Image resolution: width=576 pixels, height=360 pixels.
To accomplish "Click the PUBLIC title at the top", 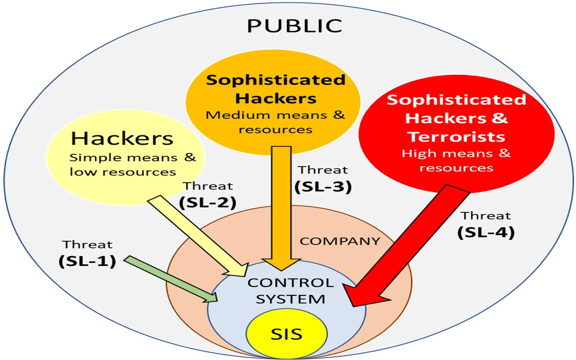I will click(x=294, y=26).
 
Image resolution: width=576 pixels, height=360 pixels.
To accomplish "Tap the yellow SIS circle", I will click(x=286, y=334).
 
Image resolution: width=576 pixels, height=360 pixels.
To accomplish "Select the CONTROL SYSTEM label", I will click(x=291, y=291).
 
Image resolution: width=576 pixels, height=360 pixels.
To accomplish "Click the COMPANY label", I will click(x=340, y=241).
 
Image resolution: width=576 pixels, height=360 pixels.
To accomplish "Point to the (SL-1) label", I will click(x=87, y=261).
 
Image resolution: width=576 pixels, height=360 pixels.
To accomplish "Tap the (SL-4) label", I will click(x=486, y=233).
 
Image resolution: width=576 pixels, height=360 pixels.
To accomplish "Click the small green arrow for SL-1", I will click(x=171, y=279).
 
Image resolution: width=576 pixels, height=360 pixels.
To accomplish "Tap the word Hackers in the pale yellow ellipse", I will click(x=122, y=139).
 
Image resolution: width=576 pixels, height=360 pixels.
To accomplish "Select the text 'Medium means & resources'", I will click(x=275, y=122).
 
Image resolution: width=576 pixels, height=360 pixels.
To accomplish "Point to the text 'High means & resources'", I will click(x=456, y=160).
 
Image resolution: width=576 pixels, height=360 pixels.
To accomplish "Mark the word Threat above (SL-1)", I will click(x=88, y=245).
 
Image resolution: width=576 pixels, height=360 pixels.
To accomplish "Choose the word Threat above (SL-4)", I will click(x=486, y=216).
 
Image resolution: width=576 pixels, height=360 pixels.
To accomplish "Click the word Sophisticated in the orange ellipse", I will click(x=275, y=80).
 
